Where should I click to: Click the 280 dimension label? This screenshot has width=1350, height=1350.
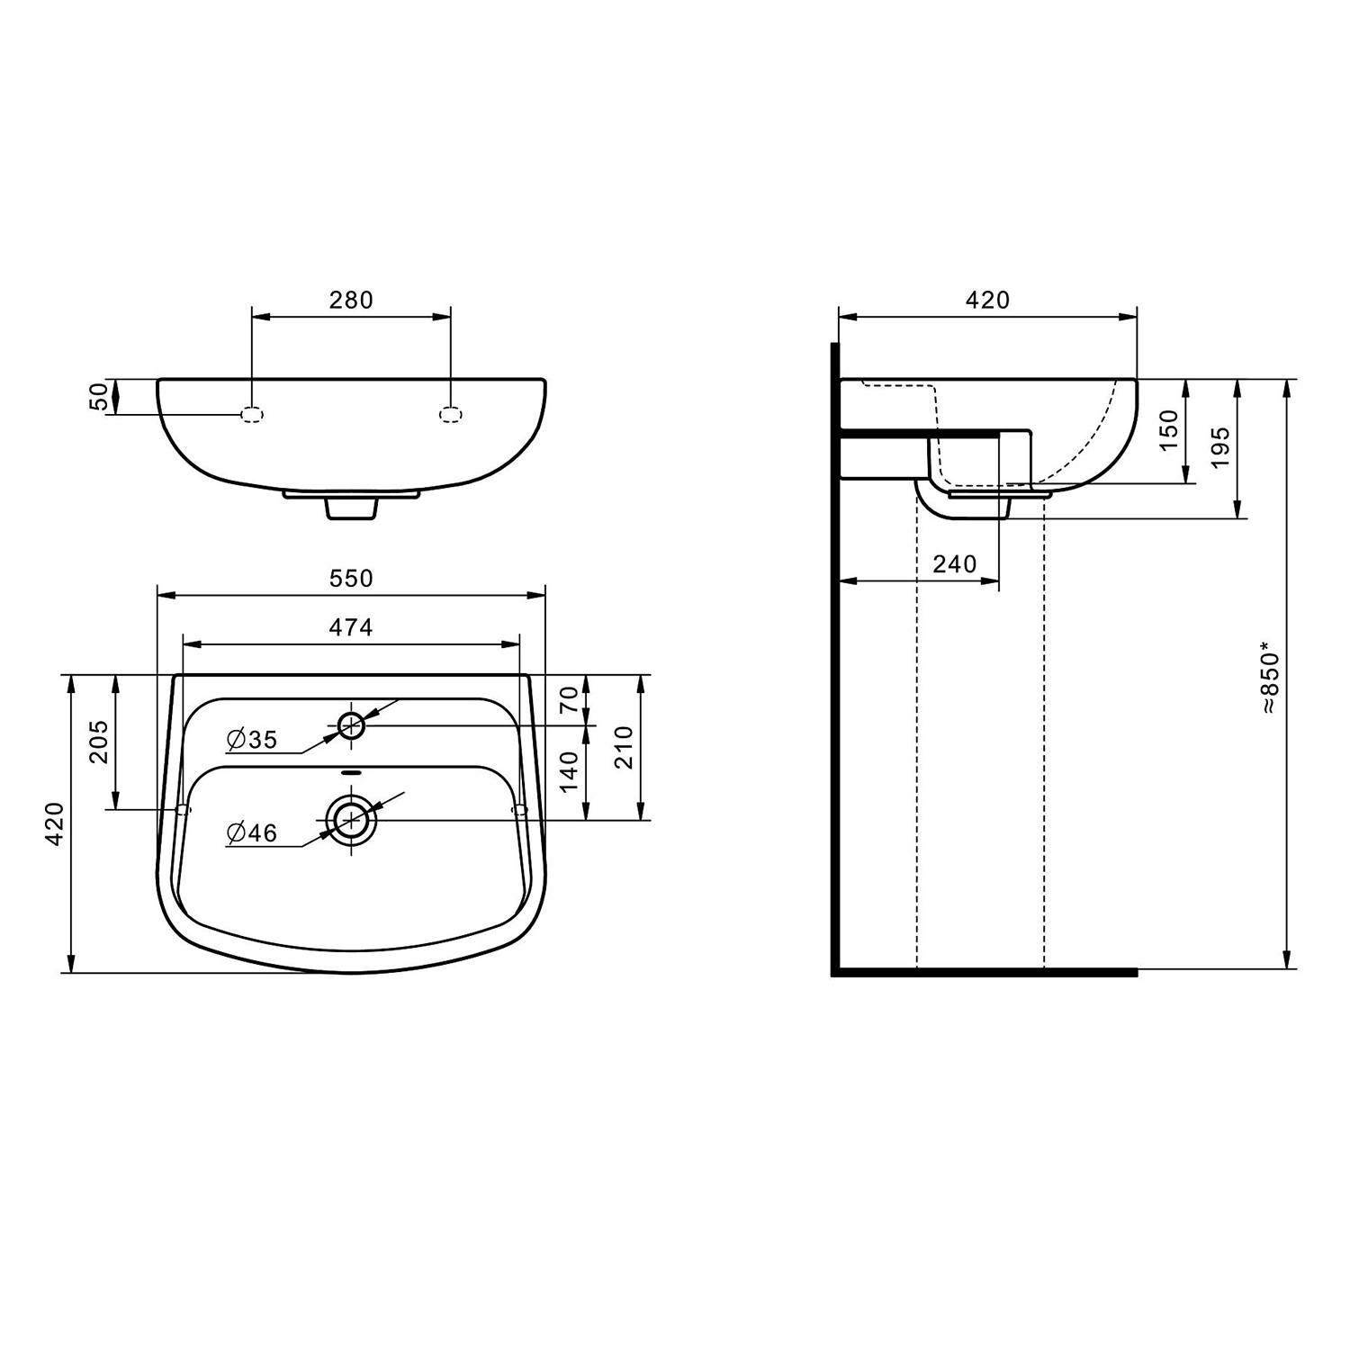[x=351, y=300]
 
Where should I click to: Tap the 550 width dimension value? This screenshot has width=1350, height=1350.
[x=351, y=579]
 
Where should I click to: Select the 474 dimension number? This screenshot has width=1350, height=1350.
[x=351, y=627]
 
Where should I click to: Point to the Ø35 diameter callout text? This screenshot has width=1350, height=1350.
[x=253, y=740]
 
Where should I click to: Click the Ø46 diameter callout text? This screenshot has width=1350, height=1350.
[x=253, y=833]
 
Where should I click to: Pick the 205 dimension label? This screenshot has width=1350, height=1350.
[x=99, y=742]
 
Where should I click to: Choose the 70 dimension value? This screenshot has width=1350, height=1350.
[x=569, y=699]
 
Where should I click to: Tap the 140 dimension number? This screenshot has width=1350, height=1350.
[x=569, y=772]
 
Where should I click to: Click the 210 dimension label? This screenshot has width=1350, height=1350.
[x=624, y=747]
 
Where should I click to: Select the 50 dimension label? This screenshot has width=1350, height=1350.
[x=99, y=397]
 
